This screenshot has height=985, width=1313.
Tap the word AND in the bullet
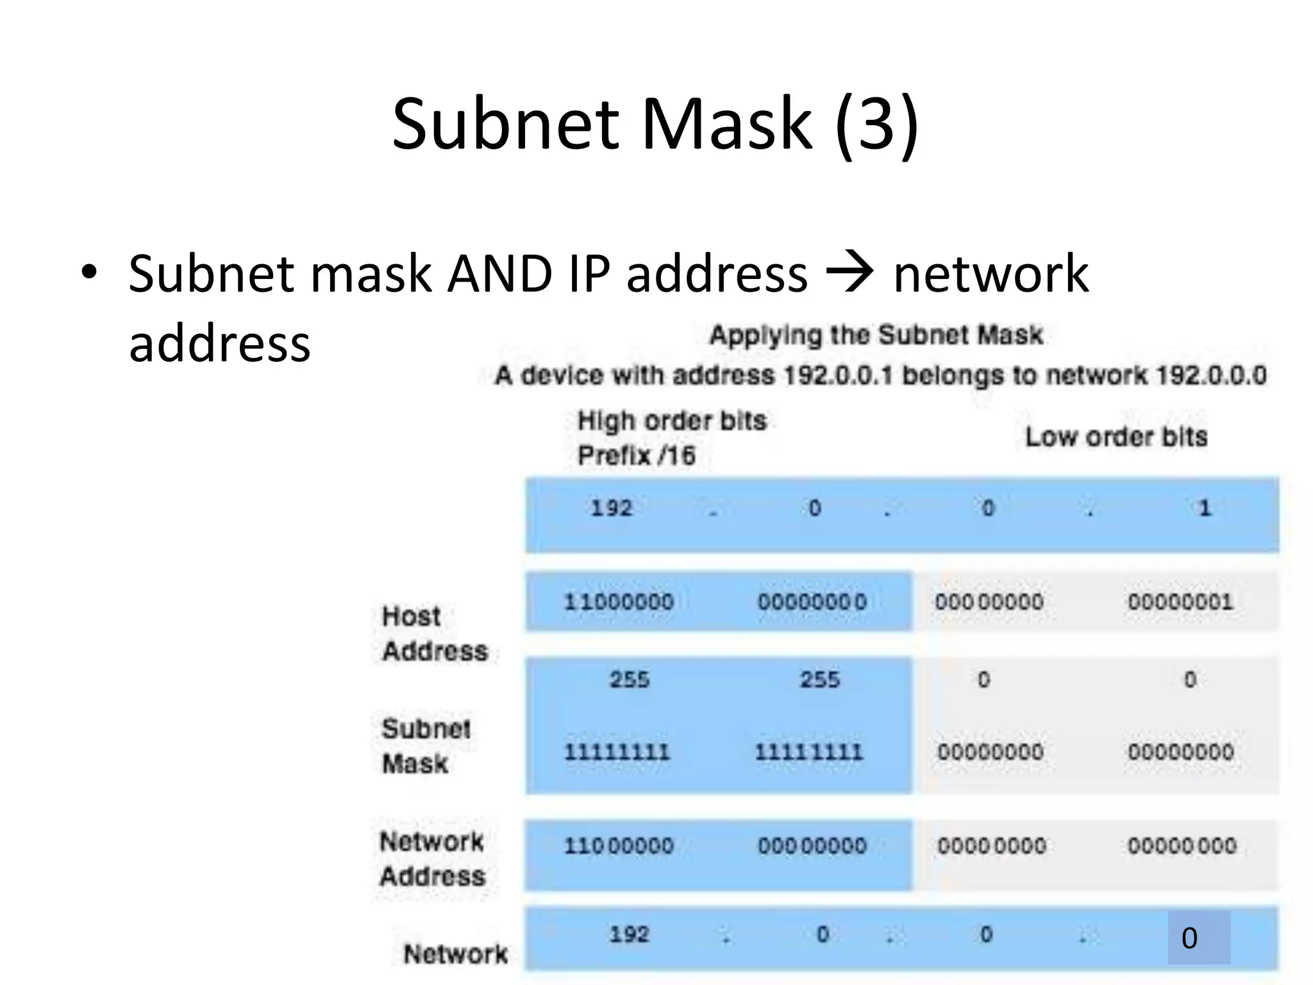tap(499, 274)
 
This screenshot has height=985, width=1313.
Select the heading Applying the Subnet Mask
tap(876, 335)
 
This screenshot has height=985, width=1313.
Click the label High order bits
tap(671, 421)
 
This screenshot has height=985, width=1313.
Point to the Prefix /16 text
tap(636, 455)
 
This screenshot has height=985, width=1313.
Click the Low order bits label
tap(1116, 437)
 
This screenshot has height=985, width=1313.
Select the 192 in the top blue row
tap(611, 508)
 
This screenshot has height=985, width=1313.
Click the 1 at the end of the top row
tap(1204, 508)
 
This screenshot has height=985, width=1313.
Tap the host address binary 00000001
tap(1180, 602)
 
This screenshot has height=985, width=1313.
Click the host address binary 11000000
tap(618, 602)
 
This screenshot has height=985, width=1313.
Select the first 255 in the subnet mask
tap(629, 679)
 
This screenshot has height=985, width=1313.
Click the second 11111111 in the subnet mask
tap(808, 752)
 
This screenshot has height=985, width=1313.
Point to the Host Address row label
tap(434, 634)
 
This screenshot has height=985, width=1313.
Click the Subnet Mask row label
tap(425, 746)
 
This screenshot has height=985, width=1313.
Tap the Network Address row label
tap(432, 859)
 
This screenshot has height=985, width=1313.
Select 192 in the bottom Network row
tap(629, 934)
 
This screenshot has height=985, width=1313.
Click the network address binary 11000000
tap(618, 846)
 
